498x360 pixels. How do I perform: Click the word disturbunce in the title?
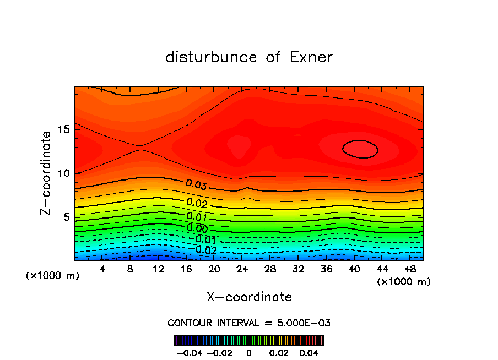211,57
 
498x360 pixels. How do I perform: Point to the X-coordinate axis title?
249,297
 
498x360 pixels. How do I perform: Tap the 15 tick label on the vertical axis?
63,129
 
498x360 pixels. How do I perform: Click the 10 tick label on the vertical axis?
63,173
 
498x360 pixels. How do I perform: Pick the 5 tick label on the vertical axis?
66,217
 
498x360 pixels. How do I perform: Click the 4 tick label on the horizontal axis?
102,269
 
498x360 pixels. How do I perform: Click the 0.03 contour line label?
196,184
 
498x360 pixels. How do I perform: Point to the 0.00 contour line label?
197,228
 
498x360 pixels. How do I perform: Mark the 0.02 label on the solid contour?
197,203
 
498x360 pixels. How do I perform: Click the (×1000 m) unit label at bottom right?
404,282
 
